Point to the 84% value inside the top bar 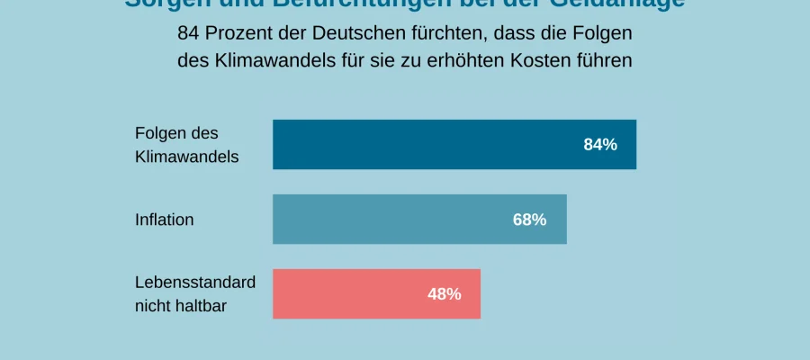pyautogui.click(x=600, y=144)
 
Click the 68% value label pyautogui.click(x=529, y=219)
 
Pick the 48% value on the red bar pyautogui.click(x=444, y=293)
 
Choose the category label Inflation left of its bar pyautogui.click(x=164, y=220)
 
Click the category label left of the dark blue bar pyautogui.click(x=186, y=144)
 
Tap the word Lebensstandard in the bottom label pyautogui.click(x=195, y=282)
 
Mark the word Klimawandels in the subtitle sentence pyautogui.click(x=254, y=60)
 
